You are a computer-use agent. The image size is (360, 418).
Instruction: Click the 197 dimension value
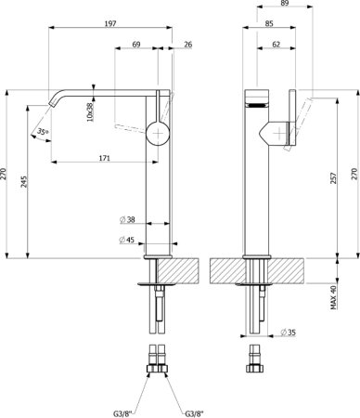(x=110, y=23)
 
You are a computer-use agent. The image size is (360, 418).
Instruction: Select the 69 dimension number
(x=136, y=45)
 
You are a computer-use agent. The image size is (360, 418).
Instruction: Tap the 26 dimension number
(x=188, y=45)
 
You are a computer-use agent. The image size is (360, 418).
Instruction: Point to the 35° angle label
(x=43, y=132)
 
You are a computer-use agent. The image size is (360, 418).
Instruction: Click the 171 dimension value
(x=105, y=158)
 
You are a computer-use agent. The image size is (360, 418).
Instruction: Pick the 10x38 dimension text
(x=90, y=111)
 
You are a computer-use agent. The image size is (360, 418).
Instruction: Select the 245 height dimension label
(x=24, y=182)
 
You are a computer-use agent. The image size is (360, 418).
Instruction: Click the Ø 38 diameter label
(x=127, y=219)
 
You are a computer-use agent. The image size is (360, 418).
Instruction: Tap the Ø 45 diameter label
(x=127, y=240)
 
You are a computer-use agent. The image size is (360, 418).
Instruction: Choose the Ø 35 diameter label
(x=288, y=333)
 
